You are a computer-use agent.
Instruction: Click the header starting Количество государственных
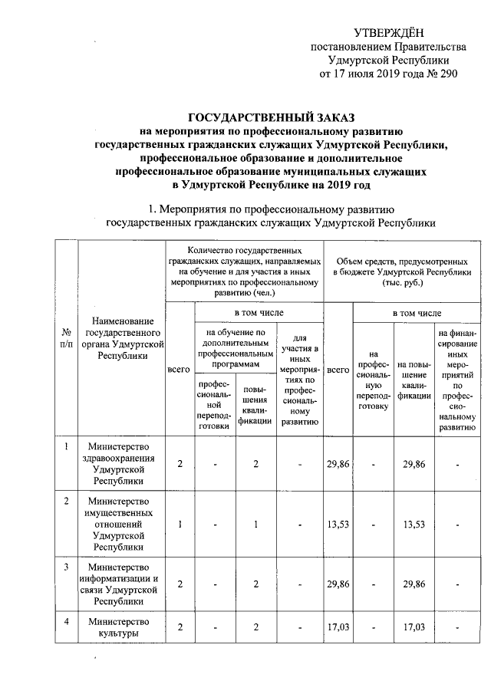[x=245, y=271]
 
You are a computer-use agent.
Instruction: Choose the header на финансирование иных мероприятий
[x=457, y=382]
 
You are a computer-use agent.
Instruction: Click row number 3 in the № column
[x=67, y=567]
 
